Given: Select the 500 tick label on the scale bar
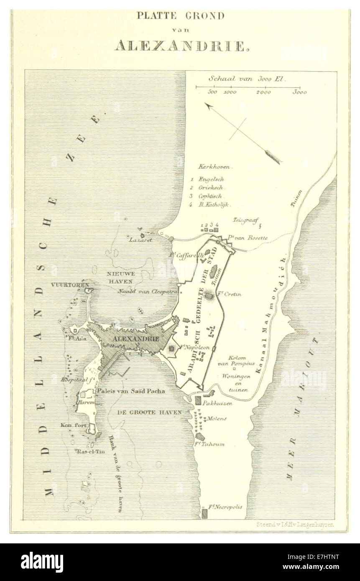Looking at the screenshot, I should pos(212,92).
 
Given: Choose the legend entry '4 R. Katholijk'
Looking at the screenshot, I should pos(210,205).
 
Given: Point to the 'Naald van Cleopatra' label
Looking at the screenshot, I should pos(142,291).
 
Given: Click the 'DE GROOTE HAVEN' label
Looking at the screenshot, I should pos(149,412).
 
